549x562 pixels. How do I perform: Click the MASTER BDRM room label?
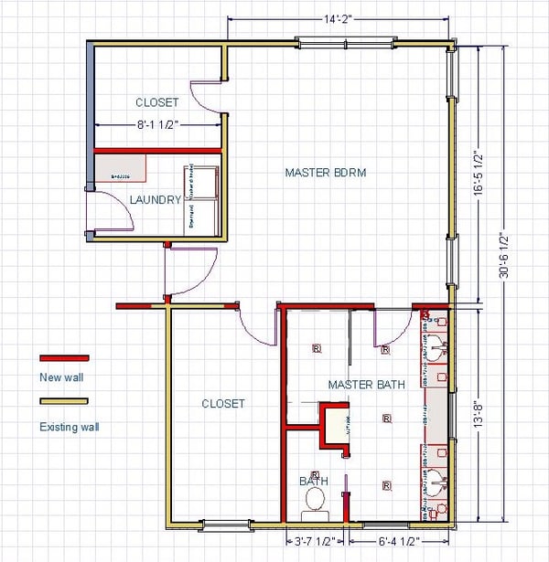[325, 172]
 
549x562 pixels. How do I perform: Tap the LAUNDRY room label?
[155, 199]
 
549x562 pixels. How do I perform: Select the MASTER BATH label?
[366, 385]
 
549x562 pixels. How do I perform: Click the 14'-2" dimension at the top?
[339, 18]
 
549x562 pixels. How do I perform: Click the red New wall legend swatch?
[63, 358]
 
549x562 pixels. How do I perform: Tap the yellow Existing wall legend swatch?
[63, 400]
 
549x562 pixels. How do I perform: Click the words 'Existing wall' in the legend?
[70, 426]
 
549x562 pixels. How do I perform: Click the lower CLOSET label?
[223, 403]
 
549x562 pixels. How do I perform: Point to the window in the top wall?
[345, 41]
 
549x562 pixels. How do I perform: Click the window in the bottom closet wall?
[226, 525]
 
